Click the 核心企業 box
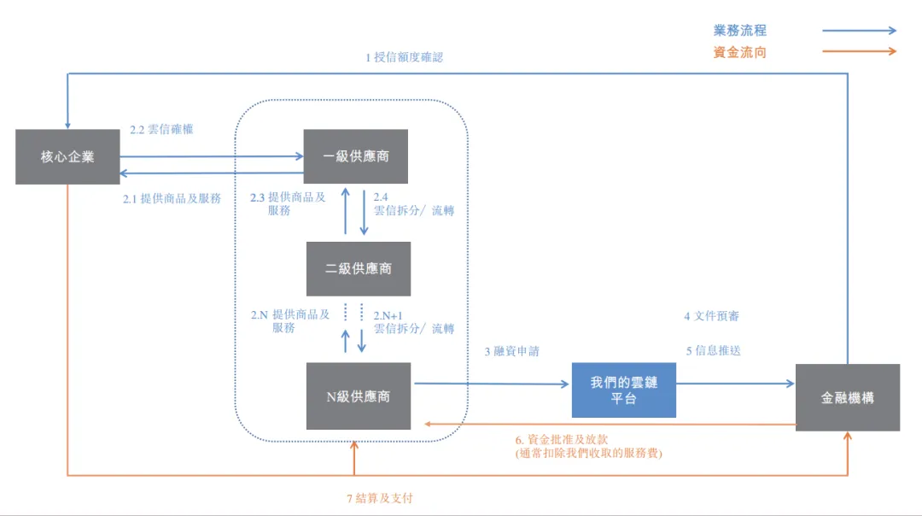pos(67,156)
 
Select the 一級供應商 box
pos(356,156)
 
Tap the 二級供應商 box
pos(358,269)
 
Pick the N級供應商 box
pos(358,396)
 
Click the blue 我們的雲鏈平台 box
pos(624,390)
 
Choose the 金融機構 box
pos(848,398)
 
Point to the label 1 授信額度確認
pos(404,57)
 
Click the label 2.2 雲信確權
pos(161,130)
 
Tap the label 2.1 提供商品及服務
pos(172,199)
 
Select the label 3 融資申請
pos(511,351)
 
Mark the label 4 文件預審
pos(711,316)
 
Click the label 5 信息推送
pos(713,350)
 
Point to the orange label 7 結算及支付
pos(380,498)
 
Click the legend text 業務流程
pos(739,31)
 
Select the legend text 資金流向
pos(739,52)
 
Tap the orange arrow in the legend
pos(859,51)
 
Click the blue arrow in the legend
pos(859,30)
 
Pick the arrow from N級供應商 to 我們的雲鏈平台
pos(492,384)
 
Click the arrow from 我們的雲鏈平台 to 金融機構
pos(736,384)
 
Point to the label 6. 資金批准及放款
pos(562,439)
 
